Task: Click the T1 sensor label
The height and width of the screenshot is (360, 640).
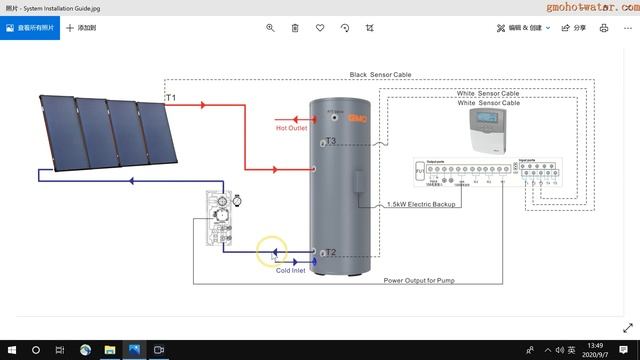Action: click(170, 97)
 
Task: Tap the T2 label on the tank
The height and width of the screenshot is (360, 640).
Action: click(331, 253)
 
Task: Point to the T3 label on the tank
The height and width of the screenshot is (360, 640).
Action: click(331, 141)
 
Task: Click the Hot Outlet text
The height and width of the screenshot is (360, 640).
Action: click(291, 128)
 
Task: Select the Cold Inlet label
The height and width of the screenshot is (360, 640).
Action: click(291, 270)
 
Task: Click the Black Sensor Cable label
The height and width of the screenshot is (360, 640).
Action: click(380, 75)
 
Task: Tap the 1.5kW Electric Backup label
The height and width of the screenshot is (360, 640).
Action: click(421, 204)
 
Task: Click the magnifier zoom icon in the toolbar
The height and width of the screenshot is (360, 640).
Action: click(270, 28)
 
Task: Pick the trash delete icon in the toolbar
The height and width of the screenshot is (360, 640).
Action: click(295, 28)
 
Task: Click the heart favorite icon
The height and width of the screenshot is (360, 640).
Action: click(320, 28)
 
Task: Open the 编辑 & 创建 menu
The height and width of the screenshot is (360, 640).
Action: click(524, 28)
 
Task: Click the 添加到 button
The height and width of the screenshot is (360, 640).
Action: click(80, 28)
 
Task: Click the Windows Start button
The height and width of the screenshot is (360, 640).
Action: click(10, 349)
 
